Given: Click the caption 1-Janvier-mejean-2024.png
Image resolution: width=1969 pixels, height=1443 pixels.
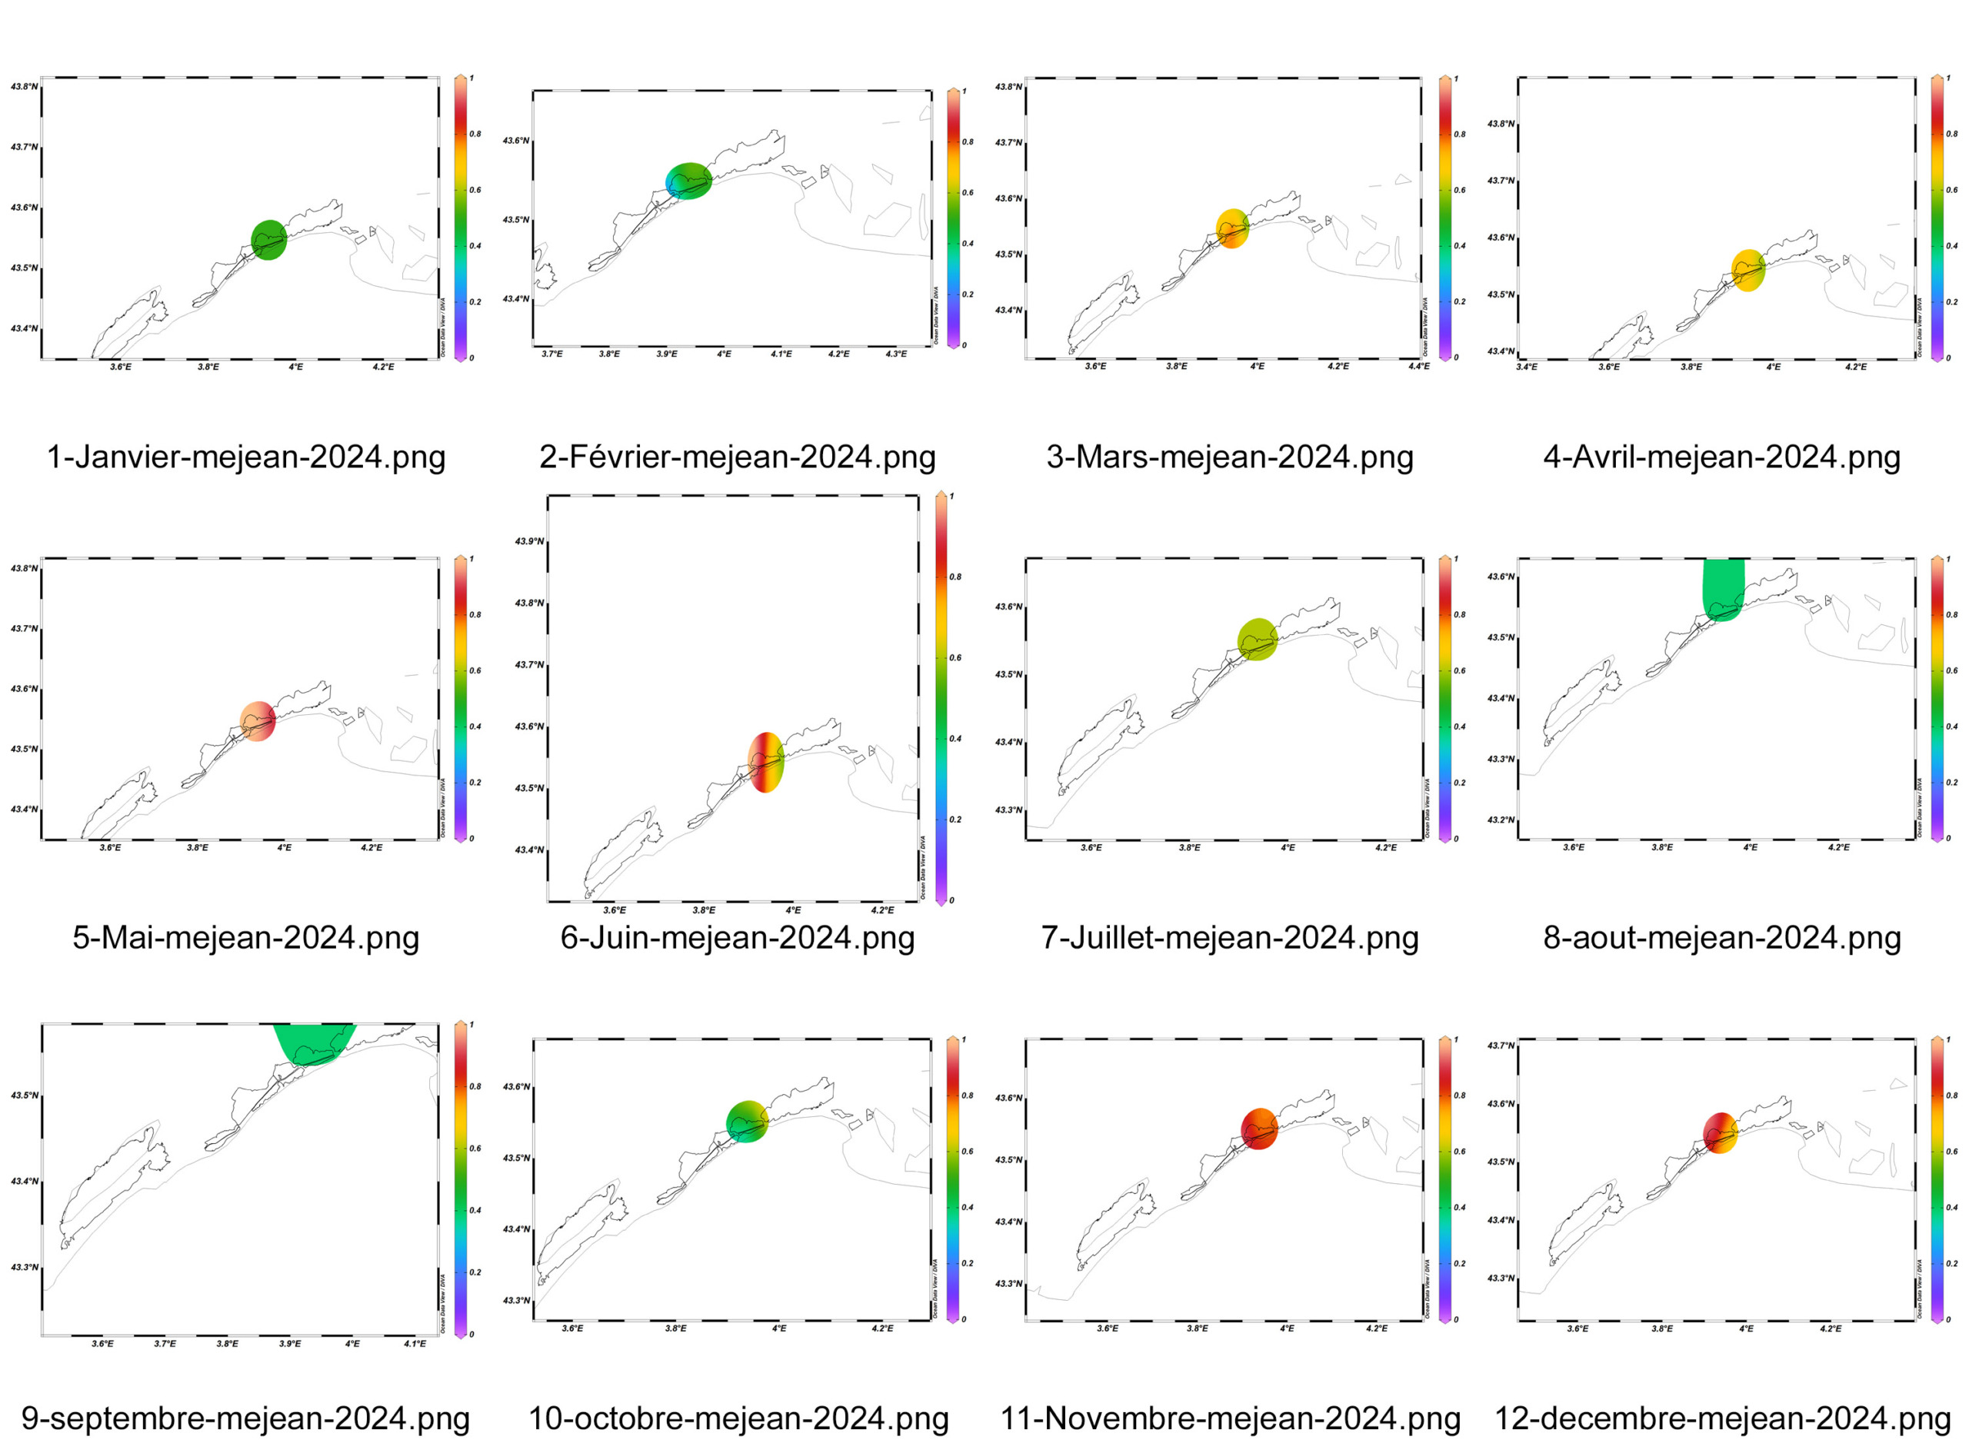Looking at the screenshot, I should [x=245, y=457].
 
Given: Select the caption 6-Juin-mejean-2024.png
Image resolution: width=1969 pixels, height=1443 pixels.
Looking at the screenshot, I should [x=737, y=937].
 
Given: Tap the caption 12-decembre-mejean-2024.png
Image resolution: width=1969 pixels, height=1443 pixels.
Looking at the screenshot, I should [x=1721, y=1418].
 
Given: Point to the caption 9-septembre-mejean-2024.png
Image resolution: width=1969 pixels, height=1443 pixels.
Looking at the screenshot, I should [x=245, y=1418].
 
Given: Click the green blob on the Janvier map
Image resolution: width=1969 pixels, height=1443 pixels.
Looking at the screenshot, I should [x=269, y=240].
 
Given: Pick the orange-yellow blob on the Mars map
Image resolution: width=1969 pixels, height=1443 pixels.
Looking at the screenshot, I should [x=1231, y=229].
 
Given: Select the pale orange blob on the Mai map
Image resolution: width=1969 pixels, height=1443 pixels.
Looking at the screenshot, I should [x=258, y=720].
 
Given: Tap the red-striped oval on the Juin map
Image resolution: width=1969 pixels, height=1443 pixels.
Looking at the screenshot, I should [x=765, y=763].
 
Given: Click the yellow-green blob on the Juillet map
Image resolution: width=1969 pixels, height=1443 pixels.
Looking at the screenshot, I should [x=1258, y=639].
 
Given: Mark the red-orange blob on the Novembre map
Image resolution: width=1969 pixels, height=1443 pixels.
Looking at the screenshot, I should [x=1259, y=1129].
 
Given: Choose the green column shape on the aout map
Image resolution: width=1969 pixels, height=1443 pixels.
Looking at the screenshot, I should [x=1723, y=590].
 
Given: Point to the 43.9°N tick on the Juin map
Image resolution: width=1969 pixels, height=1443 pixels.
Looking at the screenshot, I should [x=530, y=541].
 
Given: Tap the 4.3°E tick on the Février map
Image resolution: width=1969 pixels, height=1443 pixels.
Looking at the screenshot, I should [x=896, y=354].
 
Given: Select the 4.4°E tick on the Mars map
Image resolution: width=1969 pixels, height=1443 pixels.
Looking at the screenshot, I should [x=1418, y=366].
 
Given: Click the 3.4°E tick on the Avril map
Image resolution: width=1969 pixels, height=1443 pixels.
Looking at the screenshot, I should [x=1527, y=367].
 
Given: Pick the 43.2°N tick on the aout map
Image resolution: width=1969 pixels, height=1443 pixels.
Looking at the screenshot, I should [x=1501, y=820].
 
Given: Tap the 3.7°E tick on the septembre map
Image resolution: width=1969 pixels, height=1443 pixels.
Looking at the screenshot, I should [x=165, y=1343].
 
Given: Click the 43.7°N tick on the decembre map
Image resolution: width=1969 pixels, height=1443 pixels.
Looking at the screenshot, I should [x=1501, y=1046].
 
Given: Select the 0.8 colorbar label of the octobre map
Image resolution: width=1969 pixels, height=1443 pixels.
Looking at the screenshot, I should [x=968, y=1096].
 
